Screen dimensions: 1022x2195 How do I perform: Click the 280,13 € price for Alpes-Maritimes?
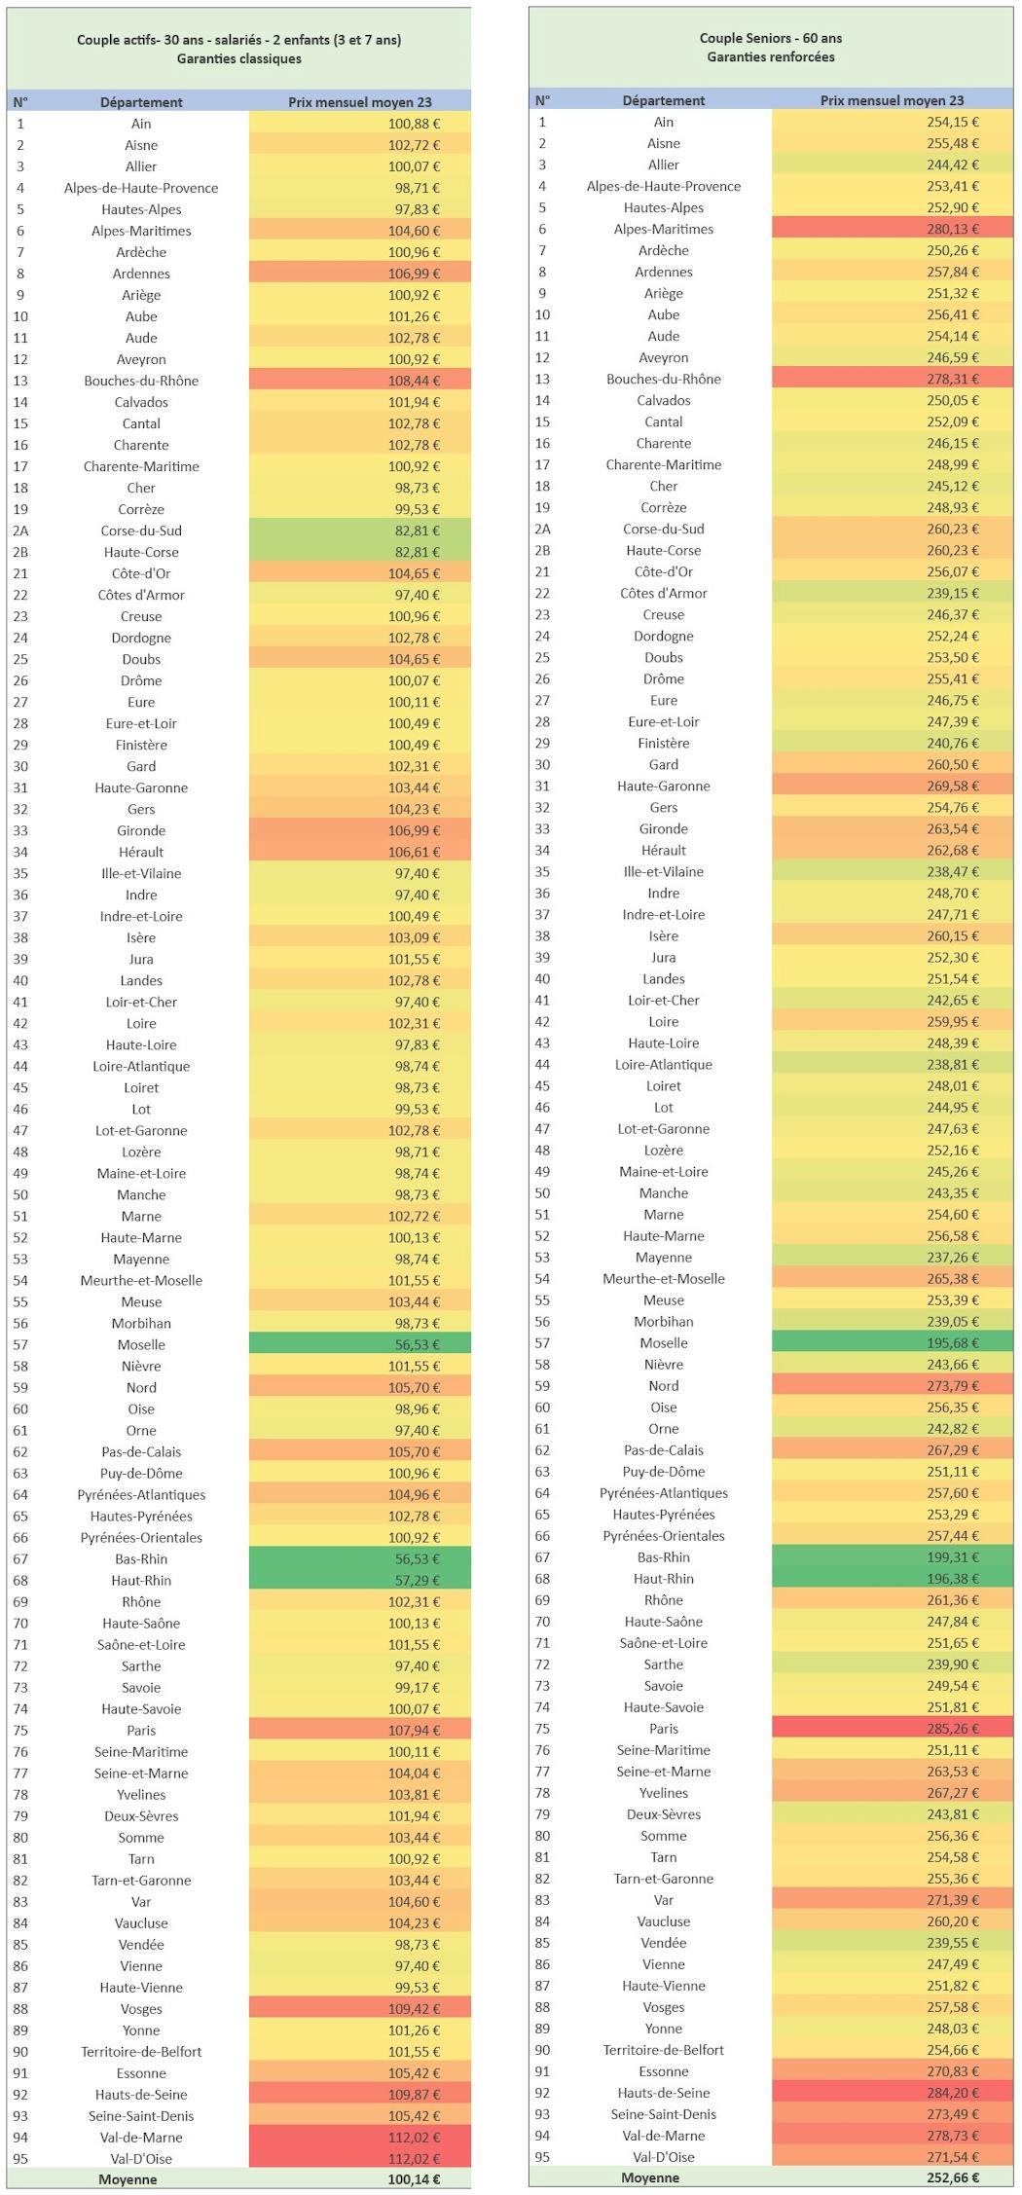[953, 229]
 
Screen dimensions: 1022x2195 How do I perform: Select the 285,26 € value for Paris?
[953, 1728]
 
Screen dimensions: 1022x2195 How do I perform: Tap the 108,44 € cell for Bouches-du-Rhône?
[414, 381]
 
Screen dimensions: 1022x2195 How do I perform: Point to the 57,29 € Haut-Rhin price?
[418, 1580]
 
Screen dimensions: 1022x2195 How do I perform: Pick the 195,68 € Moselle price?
[953, 1342]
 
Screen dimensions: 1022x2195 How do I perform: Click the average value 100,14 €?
[414, 2179]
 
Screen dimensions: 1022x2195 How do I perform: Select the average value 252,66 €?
[953, 2177]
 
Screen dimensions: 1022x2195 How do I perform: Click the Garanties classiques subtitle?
[239, 58]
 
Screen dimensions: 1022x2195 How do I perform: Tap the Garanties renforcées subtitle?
[771, 56]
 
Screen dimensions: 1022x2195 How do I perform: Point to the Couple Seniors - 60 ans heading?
[771, 38]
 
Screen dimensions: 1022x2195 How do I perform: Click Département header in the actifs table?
[141, 102]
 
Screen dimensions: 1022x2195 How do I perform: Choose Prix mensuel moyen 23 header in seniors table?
[893, 100]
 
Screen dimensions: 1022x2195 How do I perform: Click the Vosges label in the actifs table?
[141, 2008]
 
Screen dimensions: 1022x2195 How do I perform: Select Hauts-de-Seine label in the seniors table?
[664, 2092]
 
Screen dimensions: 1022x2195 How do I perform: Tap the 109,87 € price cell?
[414, 2094]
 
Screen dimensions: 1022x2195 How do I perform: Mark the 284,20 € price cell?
[953, 2092]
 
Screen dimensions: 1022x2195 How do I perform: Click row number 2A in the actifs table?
[21, 530]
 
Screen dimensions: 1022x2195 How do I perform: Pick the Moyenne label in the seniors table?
[650, 2177]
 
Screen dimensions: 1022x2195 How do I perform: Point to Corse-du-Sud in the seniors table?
[664, 529]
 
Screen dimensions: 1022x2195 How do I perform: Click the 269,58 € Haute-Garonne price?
[953, 786]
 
